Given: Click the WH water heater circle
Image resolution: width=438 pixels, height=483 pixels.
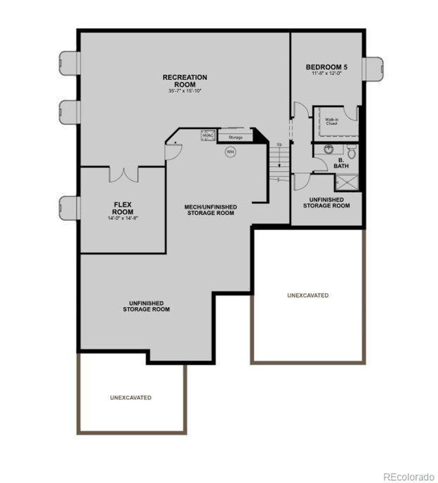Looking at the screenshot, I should [x=231, y=152].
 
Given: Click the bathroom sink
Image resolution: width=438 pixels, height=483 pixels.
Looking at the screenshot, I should [x=328, y=149].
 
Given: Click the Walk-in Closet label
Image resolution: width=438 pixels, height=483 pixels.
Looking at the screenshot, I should [x=332, y=121].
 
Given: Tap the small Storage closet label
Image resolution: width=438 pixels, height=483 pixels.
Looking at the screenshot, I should [x=235, y=137].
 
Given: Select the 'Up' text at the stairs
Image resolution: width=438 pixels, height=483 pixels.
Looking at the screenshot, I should [x=280, y=145].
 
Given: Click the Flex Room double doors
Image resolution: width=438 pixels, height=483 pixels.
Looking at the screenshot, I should [x=124, y=174].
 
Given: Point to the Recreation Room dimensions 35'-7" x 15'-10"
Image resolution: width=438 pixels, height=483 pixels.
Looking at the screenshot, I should [x=185, y=91].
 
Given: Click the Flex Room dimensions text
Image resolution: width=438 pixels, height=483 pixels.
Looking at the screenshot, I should [x=123, y=218].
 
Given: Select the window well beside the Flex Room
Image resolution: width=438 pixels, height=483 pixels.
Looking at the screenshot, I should [x=69, y=208].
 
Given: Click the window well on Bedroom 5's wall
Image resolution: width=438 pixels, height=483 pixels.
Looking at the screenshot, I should [x=373, y=69].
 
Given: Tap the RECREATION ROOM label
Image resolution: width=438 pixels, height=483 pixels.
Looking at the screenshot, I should [x=185, y=81].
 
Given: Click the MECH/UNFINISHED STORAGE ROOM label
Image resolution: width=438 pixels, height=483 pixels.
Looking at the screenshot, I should [x=210, y=210].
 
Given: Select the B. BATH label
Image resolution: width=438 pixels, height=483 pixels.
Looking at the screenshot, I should [x=341, y=163].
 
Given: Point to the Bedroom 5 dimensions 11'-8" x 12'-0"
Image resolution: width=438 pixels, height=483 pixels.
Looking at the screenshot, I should [x=327, y=73].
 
